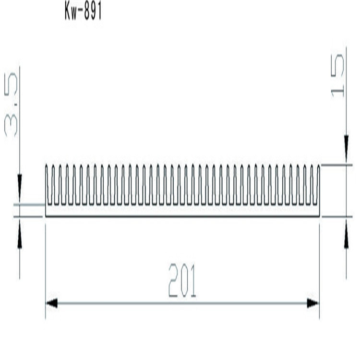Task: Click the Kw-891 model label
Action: click(x=83, y=12)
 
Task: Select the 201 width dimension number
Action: click(x=182, y=280)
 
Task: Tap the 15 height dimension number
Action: click(x=337, y=75)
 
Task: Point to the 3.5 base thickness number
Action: click(x=11, y=105)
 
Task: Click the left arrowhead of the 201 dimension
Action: click(x=52, y=303)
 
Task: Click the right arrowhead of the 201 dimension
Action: click(x=312, y=303)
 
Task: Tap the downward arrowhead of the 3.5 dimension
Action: click(x=20, y=186)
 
